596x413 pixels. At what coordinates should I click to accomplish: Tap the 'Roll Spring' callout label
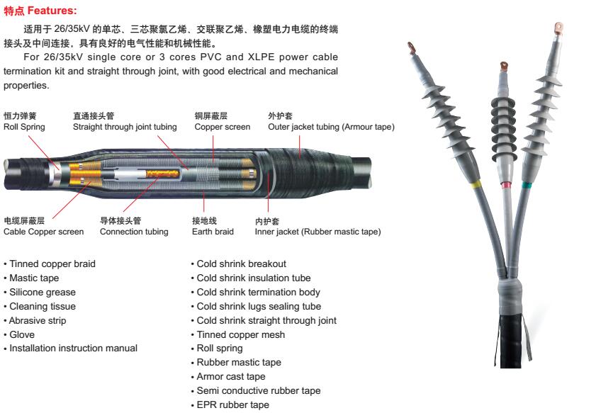pyautogui.click(x=24, y=127)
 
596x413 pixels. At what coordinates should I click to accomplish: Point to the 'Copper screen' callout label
pyautogui.click(x=222, y=127)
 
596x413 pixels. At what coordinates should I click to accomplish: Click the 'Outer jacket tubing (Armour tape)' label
pyautogui.click(x=331, y=127)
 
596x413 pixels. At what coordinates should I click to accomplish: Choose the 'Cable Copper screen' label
pyautogui.click(x=43, y=232)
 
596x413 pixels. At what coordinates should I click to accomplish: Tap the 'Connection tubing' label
pyautogui.click(x=134, y=232)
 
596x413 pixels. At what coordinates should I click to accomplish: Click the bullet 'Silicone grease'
pyautogui.click(x=43, y=292)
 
